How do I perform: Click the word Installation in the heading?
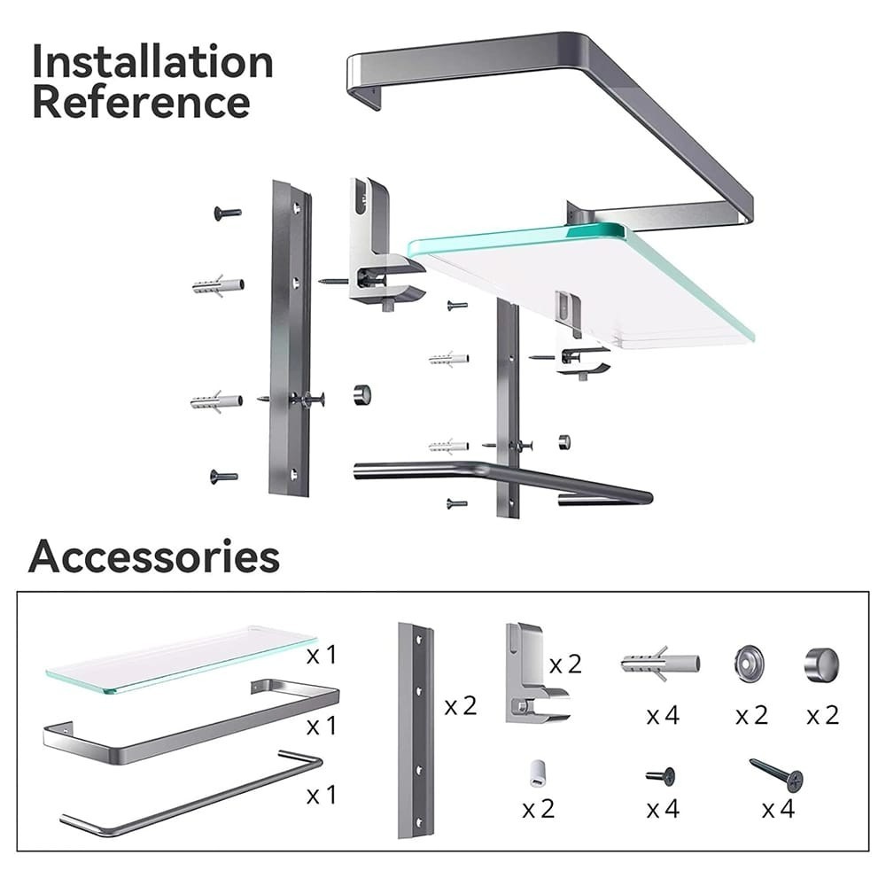[152, 61]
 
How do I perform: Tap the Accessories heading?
[153, 556]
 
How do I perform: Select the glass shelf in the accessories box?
[181, 659]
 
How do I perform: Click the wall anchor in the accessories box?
[660, 664]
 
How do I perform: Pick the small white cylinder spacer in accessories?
[537, 773]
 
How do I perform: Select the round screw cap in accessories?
[821, 664]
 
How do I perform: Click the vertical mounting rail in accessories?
[416, 730]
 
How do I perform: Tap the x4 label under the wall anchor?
[663, 716]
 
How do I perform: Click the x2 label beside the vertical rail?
[461, 706]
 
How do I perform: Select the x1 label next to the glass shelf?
[322, 655]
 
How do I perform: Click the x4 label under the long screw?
[778, 809]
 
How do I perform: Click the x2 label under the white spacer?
[539, 809]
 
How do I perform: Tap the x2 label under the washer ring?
[751, 716]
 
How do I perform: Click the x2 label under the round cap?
[823, 716]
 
